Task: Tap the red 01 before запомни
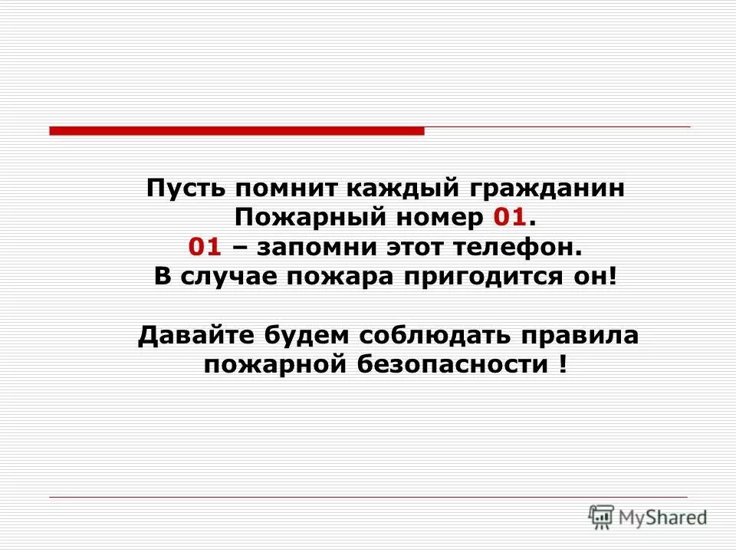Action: (x=205, y=248)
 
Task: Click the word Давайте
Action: (x=195, y=336)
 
